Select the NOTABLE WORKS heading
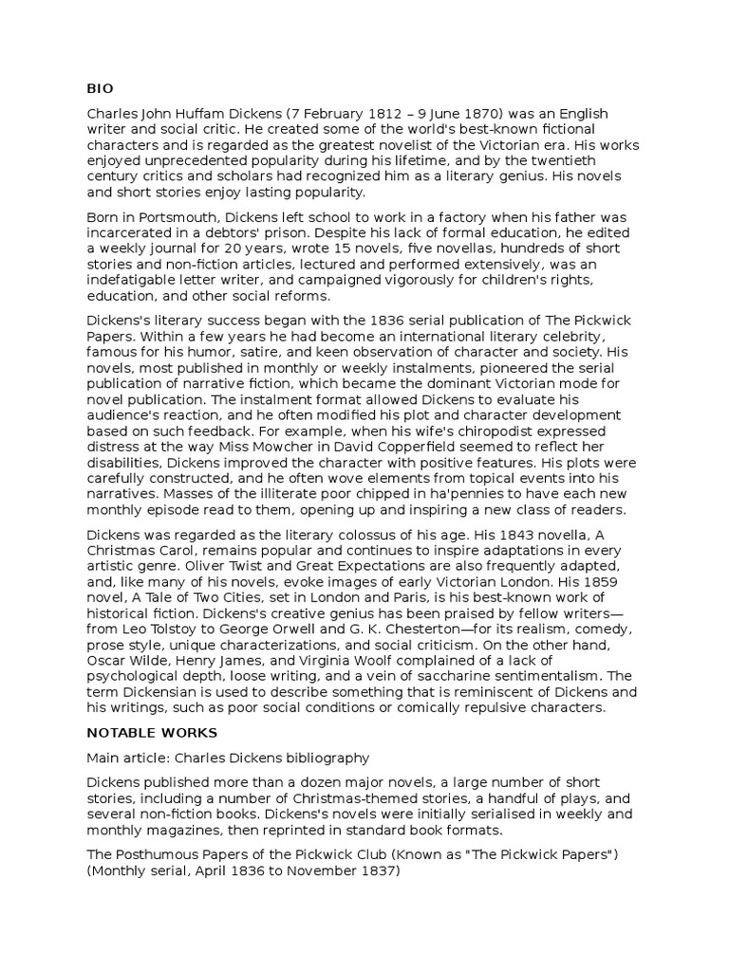[152, 733]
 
